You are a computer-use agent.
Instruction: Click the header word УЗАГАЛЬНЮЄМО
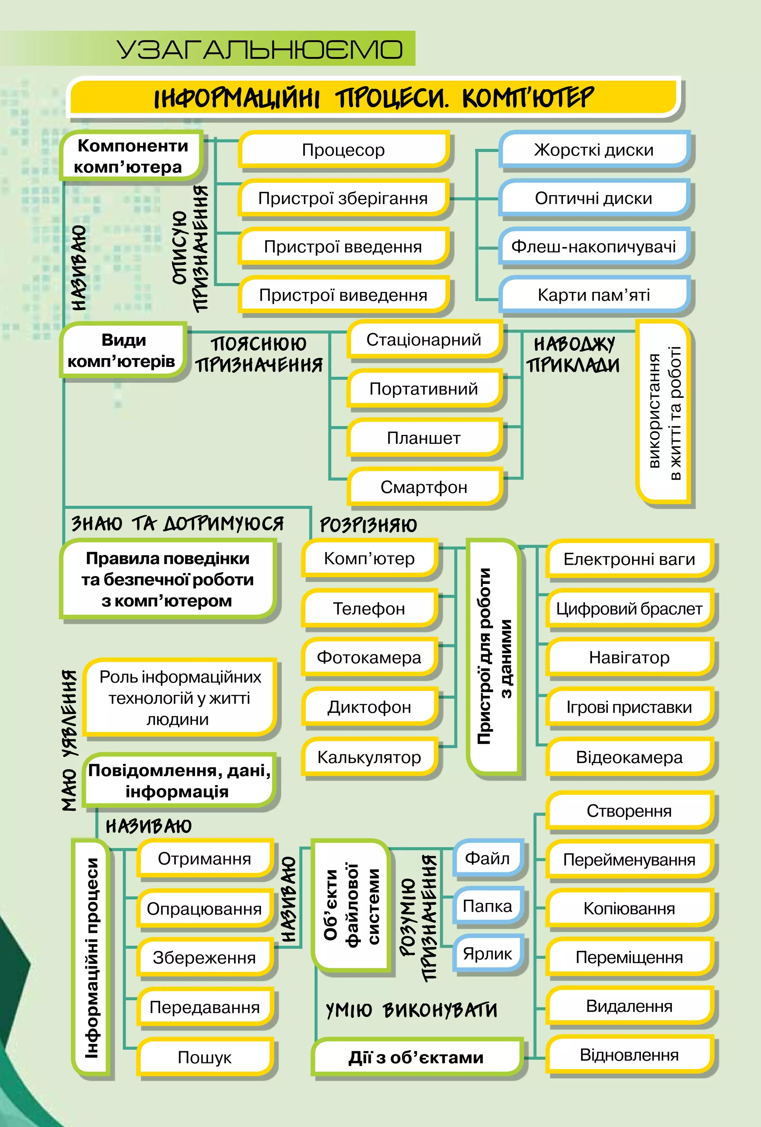coord(259,49)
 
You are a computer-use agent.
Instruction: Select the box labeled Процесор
coord(343,150)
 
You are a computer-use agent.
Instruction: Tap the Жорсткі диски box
coord(594,150)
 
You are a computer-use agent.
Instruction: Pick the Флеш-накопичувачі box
coord(594,246)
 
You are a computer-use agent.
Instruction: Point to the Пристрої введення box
coord(343,246)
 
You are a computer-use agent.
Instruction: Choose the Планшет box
coord(424,438)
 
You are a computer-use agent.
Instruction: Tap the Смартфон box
coord(424,487)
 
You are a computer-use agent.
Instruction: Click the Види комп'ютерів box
coord(122,351)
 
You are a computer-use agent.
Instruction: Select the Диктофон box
coord(369,707)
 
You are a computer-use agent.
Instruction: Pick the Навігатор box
coord(629,657)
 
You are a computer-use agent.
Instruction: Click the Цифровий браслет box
coord(629,608)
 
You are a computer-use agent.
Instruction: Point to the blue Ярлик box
coord(488,954)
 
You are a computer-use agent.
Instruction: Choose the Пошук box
coord(204,1057)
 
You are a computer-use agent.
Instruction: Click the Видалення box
coord(629,1006)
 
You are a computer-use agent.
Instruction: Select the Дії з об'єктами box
coord(416,1057)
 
